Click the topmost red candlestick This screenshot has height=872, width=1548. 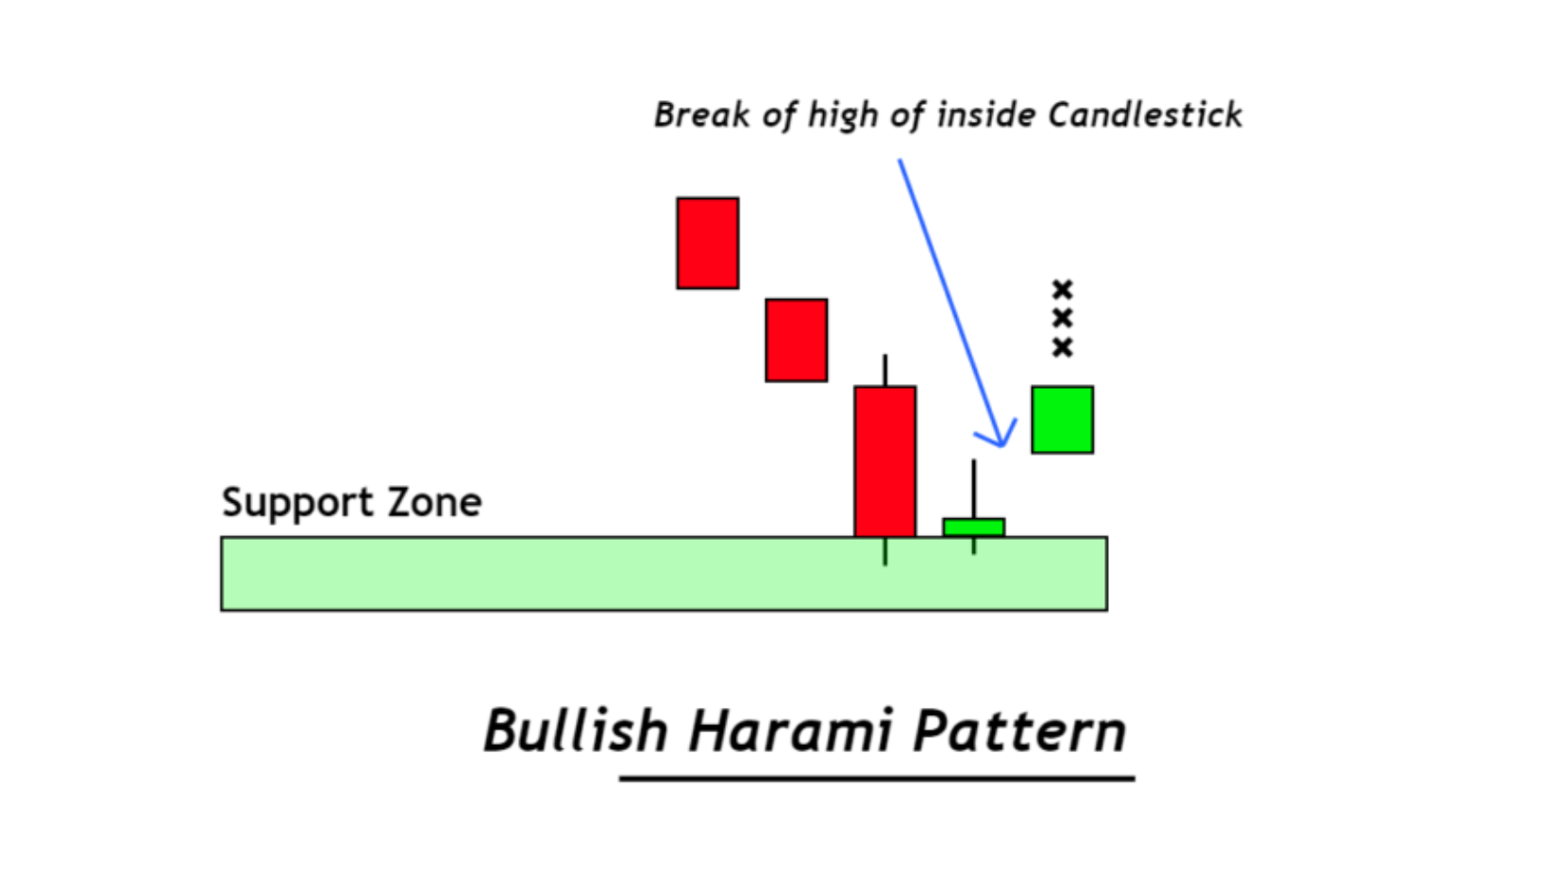click(708, 243)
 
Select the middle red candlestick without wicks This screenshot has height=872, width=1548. click(796, 340)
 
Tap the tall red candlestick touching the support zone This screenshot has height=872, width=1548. click(885, 461)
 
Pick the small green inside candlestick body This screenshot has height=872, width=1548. click(974, 528)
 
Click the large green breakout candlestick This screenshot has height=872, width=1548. click(1062, 419)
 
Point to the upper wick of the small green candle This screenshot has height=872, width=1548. click(974, 489)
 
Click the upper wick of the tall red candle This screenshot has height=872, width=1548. click(885, 370)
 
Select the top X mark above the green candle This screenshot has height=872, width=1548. click(1063, 289)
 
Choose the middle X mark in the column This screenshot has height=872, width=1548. click(1063, 319)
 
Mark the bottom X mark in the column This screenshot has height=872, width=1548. click(1063, 347)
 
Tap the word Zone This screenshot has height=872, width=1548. click(435, 502)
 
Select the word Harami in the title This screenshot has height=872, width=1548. click(790, 729)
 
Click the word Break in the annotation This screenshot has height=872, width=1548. click(702, 115)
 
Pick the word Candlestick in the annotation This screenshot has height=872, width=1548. click(1145, 115)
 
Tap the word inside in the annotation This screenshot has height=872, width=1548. click(986, 115)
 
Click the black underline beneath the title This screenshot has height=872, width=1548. click(877, 779)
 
